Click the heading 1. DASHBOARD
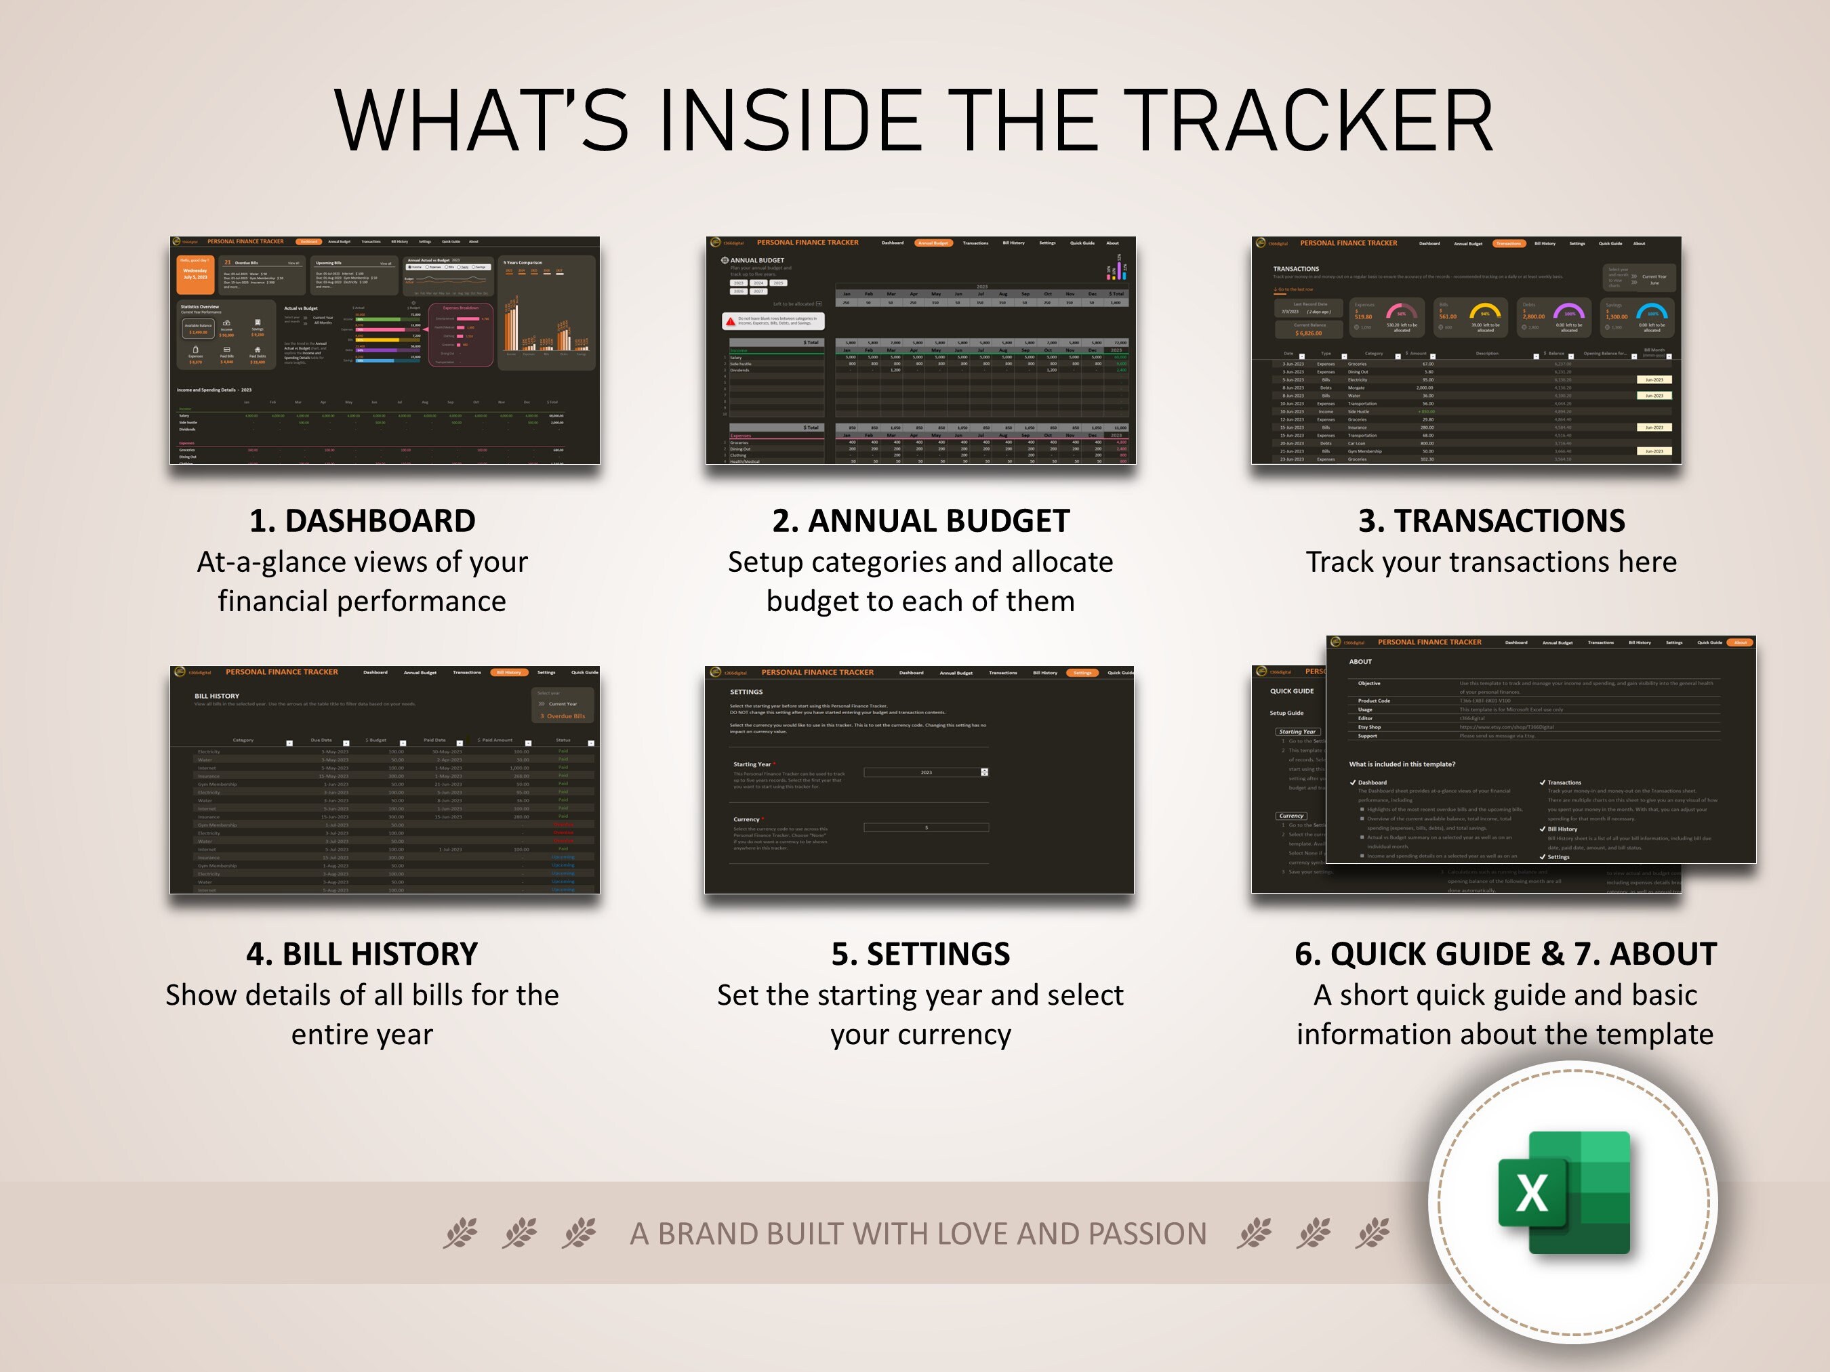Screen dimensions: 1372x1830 click(363, 521)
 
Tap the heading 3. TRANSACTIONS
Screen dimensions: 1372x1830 click(1491, 521)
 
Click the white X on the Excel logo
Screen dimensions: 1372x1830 click(1531, 1193)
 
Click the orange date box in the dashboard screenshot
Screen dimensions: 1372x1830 click(195, 274)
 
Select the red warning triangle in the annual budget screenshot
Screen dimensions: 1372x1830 click(731, 321)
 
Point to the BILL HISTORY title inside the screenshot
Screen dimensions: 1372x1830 click(217, 697)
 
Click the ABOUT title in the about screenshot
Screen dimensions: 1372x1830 click(1360, 661)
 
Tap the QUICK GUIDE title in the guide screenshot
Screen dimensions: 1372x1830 click(1291, 691)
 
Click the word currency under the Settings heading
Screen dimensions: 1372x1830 click(961, 1035)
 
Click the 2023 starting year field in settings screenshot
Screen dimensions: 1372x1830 click(926, 772)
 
